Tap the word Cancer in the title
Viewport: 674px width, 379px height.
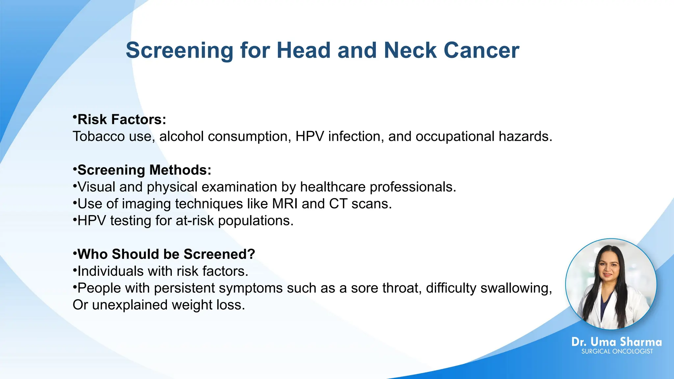pyautogui.click(x=481, y=50)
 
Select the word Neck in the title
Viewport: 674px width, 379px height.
pyautogui.click(x=410, y=50)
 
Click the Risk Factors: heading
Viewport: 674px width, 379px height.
pyautogui.click(x=121, y=119)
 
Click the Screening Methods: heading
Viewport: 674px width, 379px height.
pyautogui.click(x=144, y=170)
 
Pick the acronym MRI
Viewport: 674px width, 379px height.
pyautogui.click(x=285, y=204)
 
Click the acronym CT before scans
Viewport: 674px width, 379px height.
pyautogui.click(x=338, y=204)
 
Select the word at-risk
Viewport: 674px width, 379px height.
pyautogui.click(x=195, y=221)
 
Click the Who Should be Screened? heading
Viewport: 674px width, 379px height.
pyautogui.click(x=166, y=254)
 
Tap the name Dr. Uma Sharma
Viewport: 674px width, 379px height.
pyautogui.click(x=616, y=342)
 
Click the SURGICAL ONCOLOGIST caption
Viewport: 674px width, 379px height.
pyautogui.click(x=617, y=351)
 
